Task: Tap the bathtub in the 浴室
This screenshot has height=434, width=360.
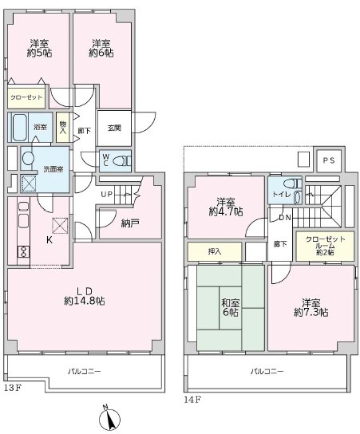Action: click(x=19, y=128)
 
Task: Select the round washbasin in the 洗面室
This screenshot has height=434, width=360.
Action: click(x=28, y=159)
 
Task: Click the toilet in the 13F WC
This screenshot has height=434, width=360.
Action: click(x=122, y=161)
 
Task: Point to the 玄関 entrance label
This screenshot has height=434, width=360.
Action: click(x=114, y=128)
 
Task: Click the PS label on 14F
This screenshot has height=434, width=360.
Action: click(x=329, y=160)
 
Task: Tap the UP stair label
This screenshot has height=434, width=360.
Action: click(x=107, y=195)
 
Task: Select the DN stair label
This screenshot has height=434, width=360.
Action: click(x=285, y=218)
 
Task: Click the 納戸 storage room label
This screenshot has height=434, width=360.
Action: click(x=130, y=223)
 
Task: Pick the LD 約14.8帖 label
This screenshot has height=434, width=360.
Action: click(x=84, y=296)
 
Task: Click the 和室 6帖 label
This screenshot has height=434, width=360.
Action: click(x=231, y=307)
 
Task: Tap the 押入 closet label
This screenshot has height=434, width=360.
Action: click(x=215, y=251)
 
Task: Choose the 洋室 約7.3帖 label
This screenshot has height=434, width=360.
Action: click(x=311, y=307)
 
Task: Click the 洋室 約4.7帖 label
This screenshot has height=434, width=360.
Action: click(x=226, y=207)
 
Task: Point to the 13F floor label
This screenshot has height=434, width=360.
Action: click(x=13, y=388)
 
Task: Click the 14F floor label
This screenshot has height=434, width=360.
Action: click(x=192, y=400)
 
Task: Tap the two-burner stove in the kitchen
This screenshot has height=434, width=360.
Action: click(x=23, y=251)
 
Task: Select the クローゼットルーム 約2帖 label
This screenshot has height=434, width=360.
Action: click(x=326, y=246)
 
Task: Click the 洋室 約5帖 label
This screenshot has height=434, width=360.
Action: click(x=39, y=49)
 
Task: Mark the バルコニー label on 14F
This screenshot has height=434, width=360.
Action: click(x=267, y=371)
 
